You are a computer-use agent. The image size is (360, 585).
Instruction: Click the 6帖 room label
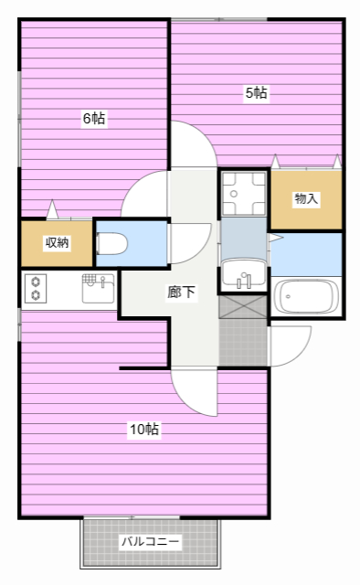pyautogui.click(x=94, y=118)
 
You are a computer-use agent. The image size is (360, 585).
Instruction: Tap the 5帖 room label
pyautogui.click(x=257, y=92)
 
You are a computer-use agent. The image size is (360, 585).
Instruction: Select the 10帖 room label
pyautogui.click(x=144, y=429)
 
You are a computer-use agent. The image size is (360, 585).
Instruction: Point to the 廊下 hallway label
pyautogui.click(x=181, y=292)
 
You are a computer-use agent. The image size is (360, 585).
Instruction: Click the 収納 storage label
pyautogui.click(x=57, y=243)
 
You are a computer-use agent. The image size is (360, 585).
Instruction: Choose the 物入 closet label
pyautogui.click(x=306, y=198)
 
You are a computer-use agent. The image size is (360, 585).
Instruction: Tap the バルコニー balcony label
pyautogui.click(x=150, y=541)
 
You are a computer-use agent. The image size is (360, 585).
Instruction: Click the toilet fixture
pyautogui.click(x=111, y=244)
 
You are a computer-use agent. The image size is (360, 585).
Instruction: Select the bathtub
pyautogui.click(x=306, y=297)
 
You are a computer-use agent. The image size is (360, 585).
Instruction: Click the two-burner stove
pyautogui.click(x=36, y=288)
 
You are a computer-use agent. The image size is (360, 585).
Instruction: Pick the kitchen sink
pyautogui.click(x=98, y=289)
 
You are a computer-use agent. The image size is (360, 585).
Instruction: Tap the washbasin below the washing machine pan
pyautogui.click(x=243, y=275)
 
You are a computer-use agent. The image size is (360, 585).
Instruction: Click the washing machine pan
pyautogui.click(x=243, y=194)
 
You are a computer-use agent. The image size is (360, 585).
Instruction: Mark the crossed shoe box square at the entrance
pyautogui.click(x=243, y=307)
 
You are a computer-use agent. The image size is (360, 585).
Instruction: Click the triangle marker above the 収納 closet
pyautogui.click(x=52, y=209)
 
